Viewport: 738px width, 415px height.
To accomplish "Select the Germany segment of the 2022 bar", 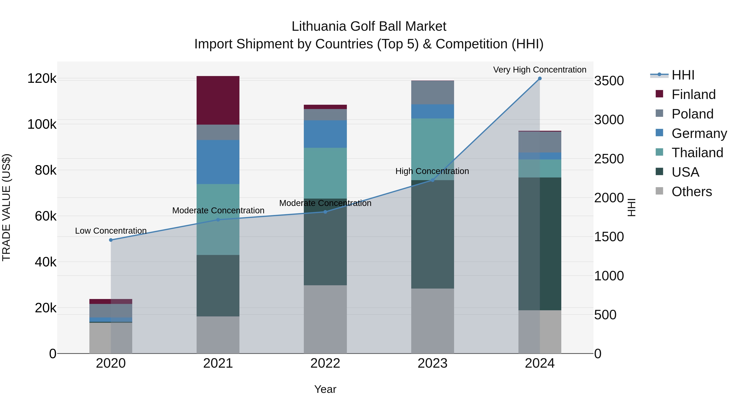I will click(325, 134).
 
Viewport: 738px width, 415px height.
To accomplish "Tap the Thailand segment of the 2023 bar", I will click(432, 149).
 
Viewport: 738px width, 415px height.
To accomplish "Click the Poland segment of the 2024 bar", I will click(540, 142).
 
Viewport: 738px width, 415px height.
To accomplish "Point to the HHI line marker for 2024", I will click(540, 78).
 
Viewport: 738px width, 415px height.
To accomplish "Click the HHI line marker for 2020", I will click(111, 240).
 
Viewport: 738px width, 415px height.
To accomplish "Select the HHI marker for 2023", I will click(433, 180).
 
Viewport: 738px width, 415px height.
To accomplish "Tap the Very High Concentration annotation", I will click(540, 70).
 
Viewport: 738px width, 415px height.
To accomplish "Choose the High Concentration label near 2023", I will click(432, 171).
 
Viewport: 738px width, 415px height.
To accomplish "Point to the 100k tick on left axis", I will click(42, 125).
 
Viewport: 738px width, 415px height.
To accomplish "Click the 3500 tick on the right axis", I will click(609, 81).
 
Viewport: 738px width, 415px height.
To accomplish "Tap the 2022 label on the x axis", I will click(325, 363).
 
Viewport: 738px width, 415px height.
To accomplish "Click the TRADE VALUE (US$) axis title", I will click(6, 207).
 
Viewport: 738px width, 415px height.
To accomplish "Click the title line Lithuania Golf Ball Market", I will click(369, 26).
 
